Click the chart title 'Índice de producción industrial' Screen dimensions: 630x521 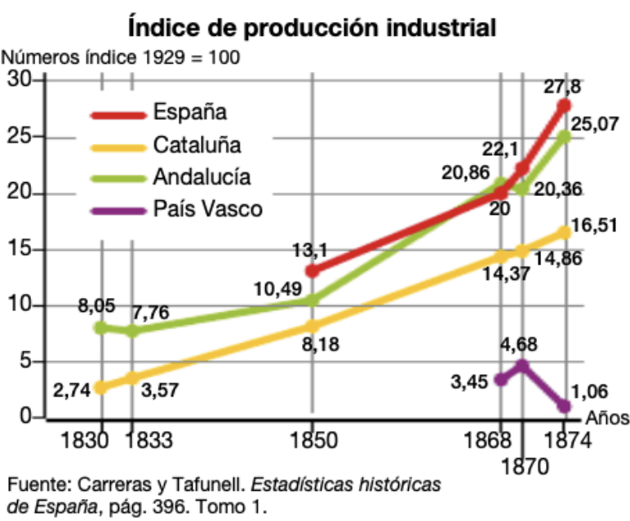tap(313, 27)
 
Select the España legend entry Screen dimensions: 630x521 tap(158, 113)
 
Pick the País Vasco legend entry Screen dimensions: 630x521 tap(176, 209)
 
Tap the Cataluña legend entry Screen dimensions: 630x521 tap(166, 145)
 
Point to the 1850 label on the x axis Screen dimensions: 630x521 tap(313, 440)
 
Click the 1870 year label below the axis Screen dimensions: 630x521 tap(525, 467)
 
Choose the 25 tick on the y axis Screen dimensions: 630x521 tap(20, 136)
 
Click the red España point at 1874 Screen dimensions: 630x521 tap(564, 105)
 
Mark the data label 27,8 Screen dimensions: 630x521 tap(562, 86)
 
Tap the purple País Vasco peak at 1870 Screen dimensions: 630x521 tap(522, 365)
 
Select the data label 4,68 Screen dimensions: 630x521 tap(519, 344)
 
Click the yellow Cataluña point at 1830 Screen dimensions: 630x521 tap(101, 388)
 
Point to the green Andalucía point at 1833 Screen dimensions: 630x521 tap(132, 332)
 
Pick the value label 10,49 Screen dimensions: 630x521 tap(277, 289)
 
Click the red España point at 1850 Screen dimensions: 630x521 tap(313, 271)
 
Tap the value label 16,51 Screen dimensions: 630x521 tap(594, 225)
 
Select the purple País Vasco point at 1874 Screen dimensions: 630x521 tap(565, 406)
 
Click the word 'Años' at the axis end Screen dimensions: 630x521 tap(607, 418)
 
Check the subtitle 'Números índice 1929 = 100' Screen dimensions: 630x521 tap(121, 57)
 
